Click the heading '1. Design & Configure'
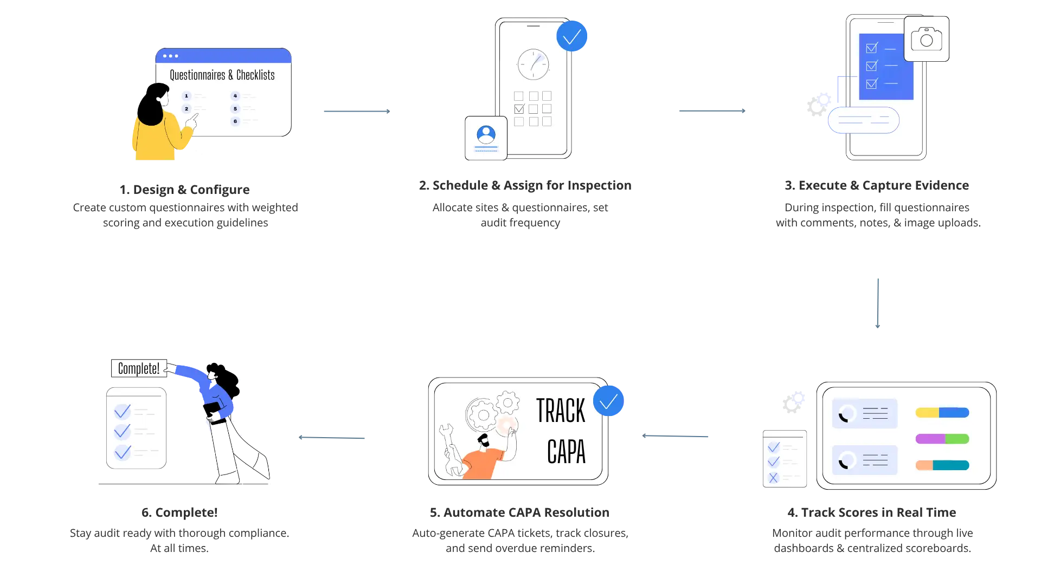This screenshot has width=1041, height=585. pos(184,190)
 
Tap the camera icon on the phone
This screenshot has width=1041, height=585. pos(927,39)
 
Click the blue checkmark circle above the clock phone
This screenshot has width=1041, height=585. pos(572,36)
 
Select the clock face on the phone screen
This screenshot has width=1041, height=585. pos(534,64)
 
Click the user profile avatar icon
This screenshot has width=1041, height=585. pos(486,134)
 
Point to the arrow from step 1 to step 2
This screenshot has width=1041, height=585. pos(357,111)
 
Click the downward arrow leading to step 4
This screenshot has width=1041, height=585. pos(878,303)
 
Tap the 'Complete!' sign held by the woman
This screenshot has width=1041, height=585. pos(139,368)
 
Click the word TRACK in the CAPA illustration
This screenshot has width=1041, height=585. pos(561,411)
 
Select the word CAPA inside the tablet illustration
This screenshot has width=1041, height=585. pos(567,452)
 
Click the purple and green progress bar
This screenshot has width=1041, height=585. pos(942,439)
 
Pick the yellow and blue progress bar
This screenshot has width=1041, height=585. pos(942,413)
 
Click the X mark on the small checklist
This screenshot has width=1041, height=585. pos(774,478)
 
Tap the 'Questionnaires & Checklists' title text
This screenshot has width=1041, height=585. pos(222,75)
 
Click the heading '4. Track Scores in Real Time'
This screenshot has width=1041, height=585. pos(872,512)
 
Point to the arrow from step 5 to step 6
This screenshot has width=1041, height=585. pos(331,438)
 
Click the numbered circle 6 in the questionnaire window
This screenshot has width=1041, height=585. pos(235,121)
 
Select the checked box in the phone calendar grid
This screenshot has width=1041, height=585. pos(519,109)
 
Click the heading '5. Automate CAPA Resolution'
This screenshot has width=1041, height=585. pos(519,512)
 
